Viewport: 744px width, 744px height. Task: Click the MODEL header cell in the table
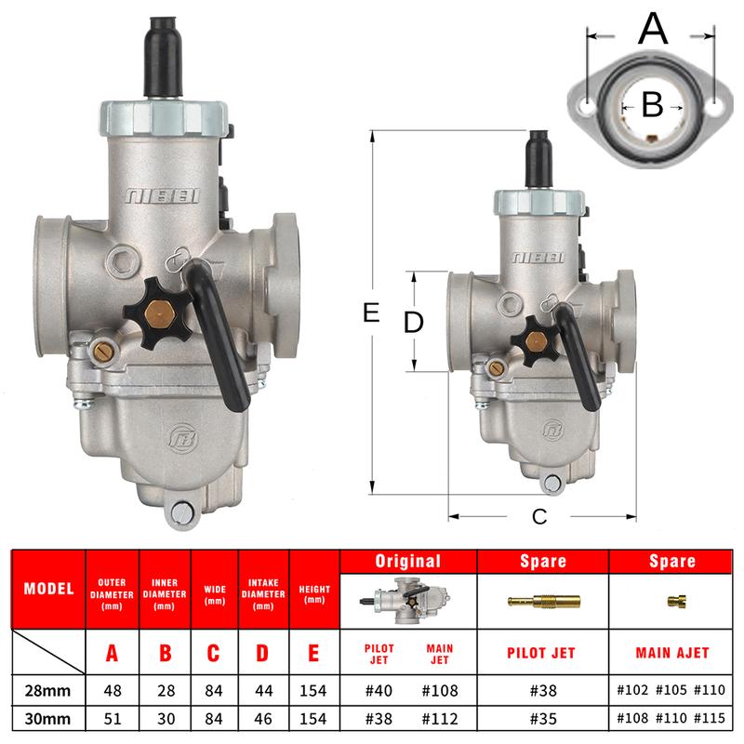49,589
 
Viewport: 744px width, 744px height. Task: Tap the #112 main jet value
440,718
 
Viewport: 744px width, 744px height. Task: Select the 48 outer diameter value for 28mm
113,690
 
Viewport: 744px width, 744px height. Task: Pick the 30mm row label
47,718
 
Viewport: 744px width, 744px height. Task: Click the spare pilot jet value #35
543,718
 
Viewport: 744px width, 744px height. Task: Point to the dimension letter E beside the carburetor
371,312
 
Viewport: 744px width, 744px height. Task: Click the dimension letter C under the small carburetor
539,516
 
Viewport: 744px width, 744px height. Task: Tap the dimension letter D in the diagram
413,322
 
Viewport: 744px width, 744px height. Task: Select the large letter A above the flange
653,29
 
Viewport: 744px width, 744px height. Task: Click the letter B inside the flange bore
653,104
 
